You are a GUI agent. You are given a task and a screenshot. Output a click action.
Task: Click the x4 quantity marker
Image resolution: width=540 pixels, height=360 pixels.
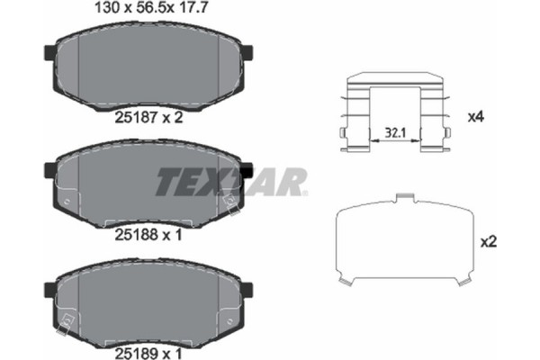coord(476,117)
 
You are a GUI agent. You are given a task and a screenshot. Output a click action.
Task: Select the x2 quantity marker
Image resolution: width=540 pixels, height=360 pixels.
coord(489,241)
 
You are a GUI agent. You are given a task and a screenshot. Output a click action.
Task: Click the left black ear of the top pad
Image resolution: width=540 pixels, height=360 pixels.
coord(50,56)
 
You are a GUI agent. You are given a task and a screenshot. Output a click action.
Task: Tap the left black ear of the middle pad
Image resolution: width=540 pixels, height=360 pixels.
coord(50,168)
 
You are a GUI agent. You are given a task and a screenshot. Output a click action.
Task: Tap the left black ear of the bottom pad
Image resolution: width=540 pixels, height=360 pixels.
coord(50,288)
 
